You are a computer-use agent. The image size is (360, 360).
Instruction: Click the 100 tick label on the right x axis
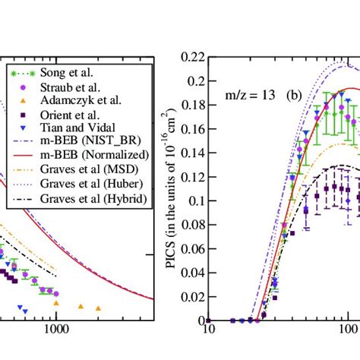348,331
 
